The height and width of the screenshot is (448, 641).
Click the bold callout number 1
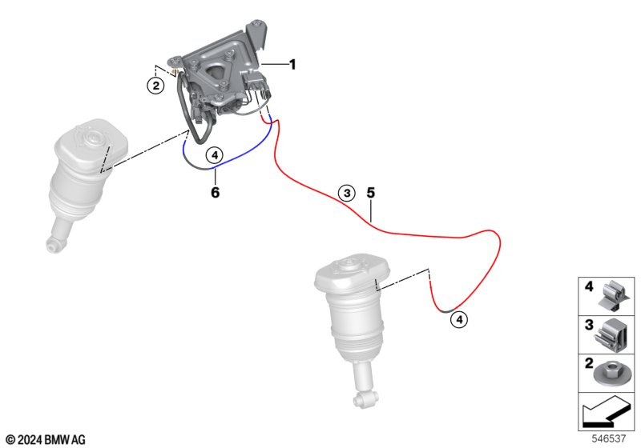click(292, 65)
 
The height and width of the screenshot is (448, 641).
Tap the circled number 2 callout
click(155, 86)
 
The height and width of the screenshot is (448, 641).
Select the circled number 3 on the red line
click(347, 193)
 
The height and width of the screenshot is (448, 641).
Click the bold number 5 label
click(370, 193)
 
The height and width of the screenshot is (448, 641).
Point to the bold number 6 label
click(215, 192)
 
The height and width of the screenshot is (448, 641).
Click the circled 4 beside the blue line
click(215, 155)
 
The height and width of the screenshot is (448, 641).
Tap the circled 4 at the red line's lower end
click(459, 319)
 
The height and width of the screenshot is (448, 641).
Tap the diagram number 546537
click(609, 438)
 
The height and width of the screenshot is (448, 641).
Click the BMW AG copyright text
click(46, 440)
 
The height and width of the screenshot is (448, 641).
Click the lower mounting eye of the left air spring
click(52, 246)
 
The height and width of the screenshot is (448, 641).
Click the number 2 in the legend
click(589, 363)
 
